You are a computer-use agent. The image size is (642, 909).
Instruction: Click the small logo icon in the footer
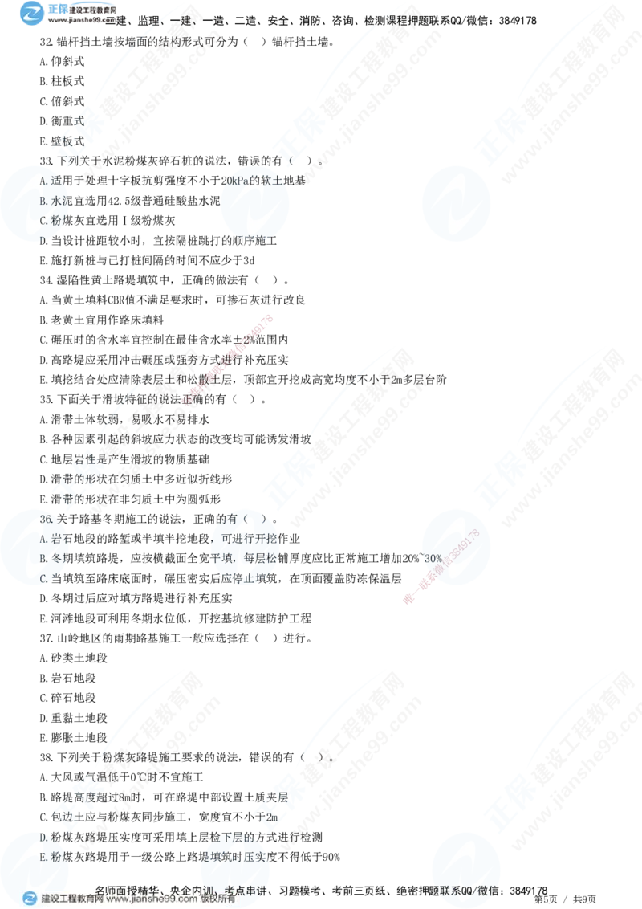pos(30,898)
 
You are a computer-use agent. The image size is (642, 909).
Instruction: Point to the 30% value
pos(432,557)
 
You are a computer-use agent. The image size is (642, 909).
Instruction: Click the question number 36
pos(46,520)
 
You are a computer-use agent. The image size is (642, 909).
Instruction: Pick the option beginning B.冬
pos(50,558)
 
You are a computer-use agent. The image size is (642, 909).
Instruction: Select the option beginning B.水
pos(50,201)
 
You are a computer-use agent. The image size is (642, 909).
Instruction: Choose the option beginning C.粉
pos(50,220)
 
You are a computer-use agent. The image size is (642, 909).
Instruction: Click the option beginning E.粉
pos(50,857)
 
